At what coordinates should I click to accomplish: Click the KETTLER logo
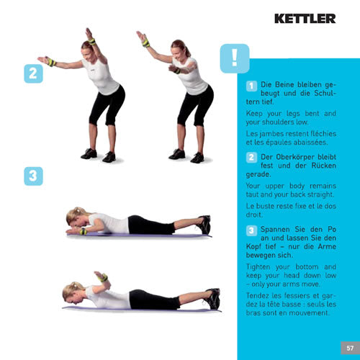coord(305,18)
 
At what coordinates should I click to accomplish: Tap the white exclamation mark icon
coord(235,58)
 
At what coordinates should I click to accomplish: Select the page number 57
coord(346,348)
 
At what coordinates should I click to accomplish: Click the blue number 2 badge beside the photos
coord(32,73)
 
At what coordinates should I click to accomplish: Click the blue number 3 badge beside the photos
coord(32,176)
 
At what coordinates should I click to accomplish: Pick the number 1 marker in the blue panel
coord(251,86)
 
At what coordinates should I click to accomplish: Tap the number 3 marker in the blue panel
coord(251,230)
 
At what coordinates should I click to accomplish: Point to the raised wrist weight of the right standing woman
coord(145,42)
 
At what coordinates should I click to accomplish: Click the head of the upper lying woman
coord(74,217)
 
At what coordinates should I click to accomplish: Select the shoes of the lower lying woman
coord(212,296)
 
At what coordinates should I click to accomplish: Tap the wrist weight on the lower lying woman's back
coord(103,277)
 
